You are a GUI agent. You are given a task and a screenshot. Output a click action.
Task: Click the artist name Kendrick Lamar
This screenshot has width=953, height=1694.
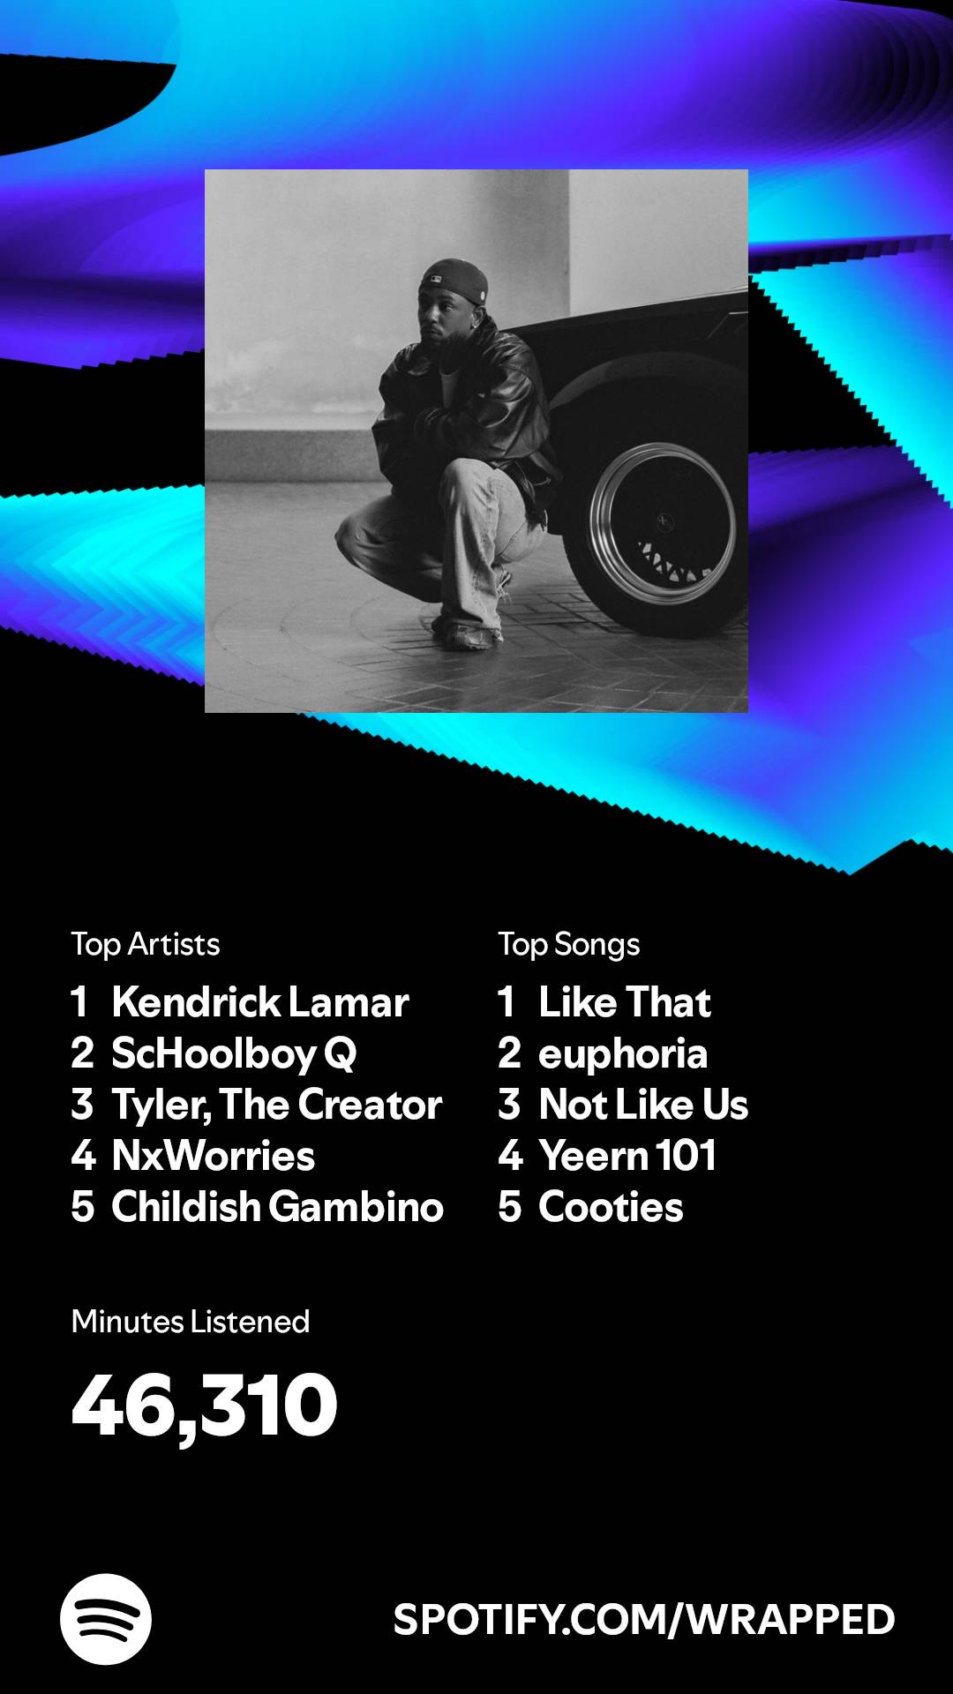(x=260, y=1002)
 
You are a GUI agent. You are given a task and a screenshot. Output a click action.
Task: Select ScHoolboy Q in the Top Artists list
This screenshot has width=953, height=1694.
(x=234, y=1054)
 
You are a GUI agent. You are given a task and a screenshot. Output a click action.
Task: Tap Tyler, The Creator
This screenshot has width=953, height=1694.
(x=277, y=1106)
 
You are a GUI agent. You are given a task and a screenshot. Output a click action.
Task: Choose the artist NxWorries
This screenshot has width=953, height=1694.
(x=214, y=1156)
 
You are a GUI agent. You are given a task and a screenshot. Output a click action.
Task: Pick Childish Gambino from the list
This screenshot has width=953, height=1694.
(x=277, y=1207)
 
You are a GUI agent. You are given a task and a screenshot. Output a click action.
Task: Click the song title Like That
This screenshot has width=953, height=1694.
(x=625, y=1002)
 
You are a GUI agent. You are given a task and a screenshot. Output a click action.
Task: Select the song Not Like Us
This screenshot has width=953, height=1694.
(x=643, y=1105)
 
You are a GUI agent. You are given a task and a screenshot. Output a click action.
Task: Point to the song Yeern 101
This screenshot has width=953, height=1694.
(x=627, y=1156)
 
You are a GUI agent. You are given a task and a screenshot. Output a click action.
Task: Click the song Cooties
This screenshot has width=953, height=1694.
(x=611, y=1207)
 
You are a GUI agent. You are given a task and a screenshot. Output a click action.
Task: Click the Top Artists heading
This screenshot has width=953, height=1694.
(x=146, y=945)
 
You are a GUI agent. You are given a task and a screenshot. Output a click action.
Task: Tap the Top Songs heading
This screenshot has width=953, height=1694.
(x=569, y=945)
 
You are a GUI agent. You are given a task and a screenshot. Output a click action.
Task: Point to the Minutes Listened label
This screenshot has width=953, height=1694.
(x=191, y=1322)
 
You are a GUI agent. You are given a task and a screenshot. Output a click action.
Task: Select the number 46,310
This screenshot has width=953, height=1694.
(x=205, y=1405)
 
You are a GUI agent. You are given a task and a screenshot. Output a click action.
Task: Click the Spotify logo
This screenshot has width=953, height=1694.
(x=106, y=1619)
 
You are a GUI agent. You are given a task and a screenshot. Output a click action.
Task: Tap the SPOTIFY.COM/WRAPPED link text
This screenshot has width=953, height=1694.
(x=644, y=1620)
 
